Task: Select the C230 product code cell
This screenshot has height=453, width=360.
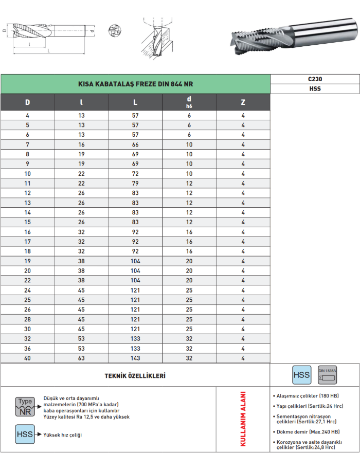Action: [315, 79]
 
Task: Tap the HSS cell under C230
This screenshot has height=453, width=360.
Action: [315, 88]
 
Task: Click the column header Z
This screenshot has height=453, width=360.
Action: [243, 102]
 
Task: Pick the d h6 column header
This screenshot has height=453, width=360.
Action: [189, 102]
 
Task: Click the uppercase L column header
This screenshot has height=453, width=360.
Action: [135, 102]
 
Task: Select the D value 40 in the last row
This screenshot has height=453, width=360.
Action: [27, 358]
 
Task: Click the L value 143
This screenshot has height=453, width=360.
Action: [135, 358]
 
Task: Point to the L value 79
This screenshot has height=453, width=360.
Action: [135, 183]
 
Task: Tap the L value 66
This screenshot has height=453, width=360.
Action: [135, 144]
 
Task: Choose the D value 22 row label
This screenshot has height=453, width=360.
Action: [27, 280]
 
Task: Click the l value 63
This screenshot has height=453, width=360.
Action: [81, 358]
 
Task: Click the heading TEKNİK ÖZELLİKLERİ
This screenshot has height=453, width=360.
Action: [135, 376]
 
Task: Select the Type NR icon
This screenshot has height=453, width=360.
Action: [25, 406]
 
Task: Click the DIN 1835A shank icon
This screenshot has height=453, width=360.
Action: [327, 375]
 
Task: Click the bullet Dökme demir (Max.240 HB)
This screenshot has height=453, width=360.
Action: [308, 431]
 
